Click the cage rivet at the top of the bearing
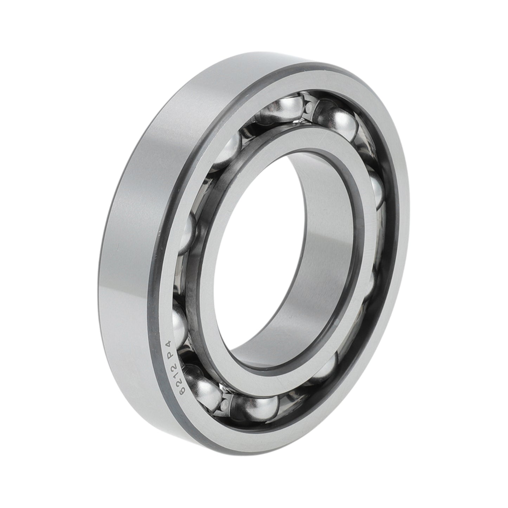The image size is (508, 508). (x=309, y=107)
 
